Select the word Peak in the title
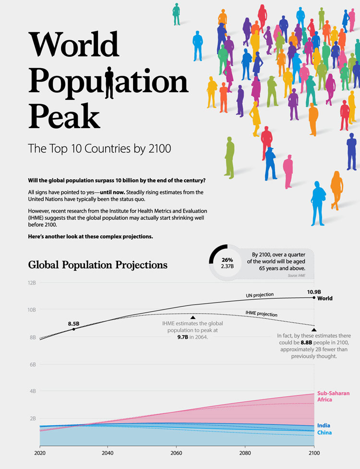pos(64,116)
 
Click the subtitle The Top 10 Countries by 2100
pos(99,149)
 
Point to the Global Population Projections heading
pos(97,265)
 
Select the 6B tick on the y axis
pos(33,364)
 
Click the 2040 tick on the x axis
pos(107,452)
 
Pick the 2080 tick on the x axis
pos(245,452)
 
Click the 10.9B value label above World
pos(314,291)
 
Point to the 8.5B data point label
pos(74,323)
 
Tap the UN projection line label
pos(261,294)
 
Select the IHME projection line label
pos(261,314)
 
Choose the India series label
pos(324,425)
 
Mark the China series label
pos(324,433)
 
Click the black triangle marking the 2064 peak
pos(192,317)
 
